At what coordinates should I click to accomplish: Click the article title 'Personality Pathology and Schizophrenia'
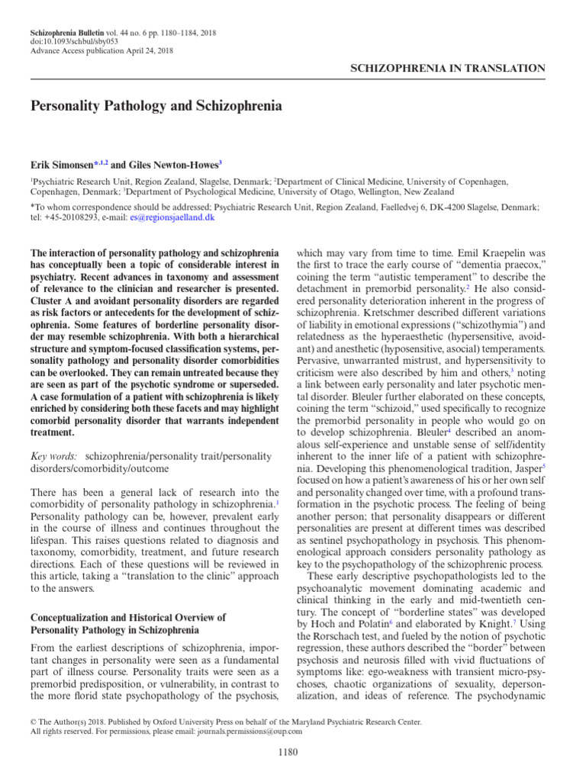[x=156, y=106]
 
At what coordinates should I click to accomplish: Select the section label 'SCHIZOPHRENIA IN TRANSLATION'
[x=447, y=69]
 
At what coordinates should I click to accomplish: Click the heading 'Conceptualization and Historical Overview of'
[x=127, y=617]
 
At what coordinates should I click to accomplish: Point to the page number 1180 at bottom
[x=292, y=754]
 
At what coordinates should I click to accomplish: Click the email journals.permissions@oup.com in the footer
[x=250, y=731]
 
